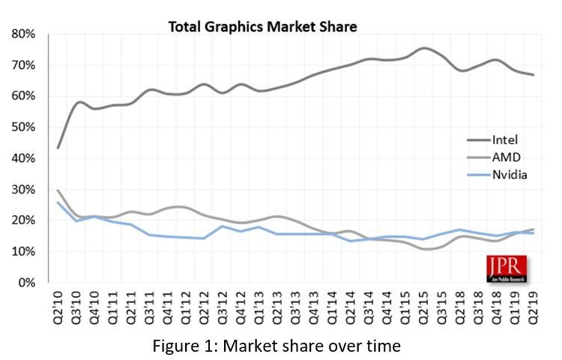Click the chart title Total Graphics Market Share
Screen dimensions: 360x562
coord(262,27)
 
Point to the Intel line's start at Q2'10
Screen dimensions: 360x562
coord(58,148)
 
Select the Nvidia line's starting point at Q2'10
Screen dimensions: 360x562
coord(58,202)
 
